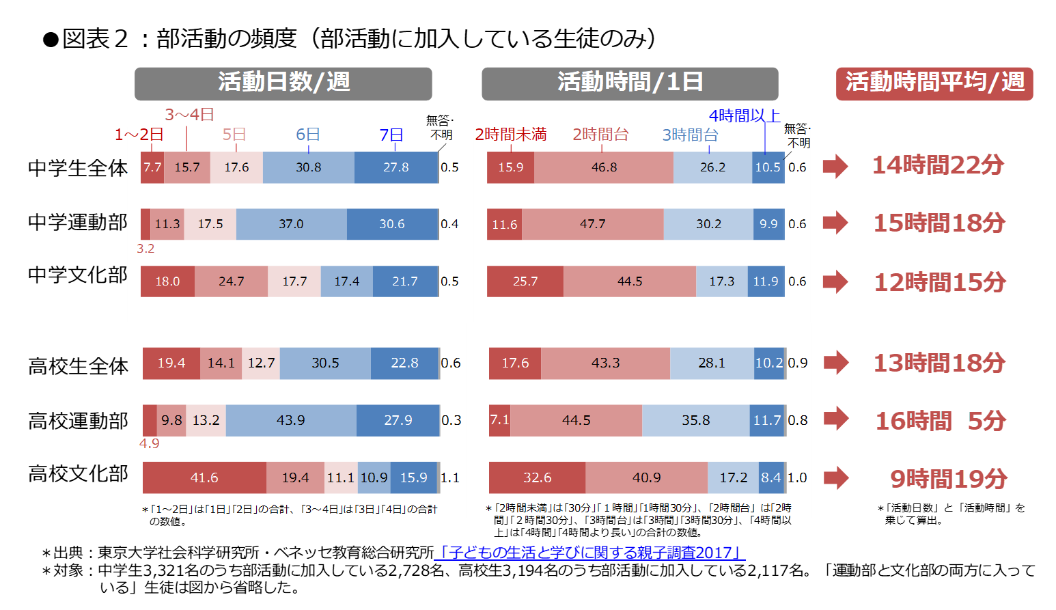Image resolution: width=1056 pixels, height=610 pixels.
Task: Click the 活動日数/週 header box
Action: tap(283, 83)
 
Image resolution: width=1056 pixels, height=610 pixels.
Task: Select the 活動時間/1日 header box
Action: tap(630, 83)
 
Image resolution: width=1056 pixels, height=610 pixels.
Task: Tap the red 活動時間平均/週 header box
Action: tap(934, 83)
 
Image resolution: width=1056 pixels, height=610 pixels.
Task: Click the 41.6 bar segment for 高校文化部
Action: tap(204, 477)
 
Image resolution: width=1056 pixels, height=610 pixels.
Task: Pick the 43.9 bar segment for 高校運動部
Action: tap(291, 420)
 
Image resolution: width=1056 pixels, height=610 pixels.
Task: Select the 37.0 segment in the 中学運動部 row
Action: tap(291, 224)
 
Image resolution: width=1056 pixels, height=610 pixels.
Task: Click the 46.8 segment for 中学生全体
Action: tap(604, 167)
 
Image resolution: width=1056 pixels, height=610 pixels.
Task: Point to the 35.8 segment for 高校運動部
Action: tap(695, 420)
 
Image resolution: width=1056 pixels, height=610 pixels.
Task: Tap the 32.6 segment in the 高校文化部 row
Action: tap(537, 477)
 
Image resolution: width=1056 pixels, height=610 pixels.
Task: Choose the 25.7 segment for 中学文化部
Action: tap(525, 281)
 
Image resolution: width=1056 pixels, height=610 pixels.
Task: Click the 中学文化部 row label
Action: tap(78, 275)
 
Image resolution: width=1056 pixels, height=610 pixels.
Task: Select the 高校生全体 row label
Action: tap(78, 366)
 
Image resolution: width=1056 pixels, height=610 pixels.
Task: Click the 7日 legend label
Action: tap(391, 135)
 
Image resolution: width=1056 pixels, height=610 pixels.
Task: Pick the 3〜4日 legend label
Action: tap(189, 115)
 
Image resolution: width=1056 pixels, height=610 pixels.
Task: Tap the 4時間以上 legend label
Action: tap(745, 116)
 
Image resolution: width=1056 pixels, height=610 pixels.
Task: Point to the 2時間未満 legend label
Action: tap(511, 135)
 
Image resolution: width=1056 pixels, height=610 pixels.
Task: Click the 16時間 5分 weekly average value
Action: tap(940, 421)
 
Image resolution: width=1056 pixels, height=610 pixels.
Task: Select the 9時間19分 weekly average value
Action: tap(948, 479)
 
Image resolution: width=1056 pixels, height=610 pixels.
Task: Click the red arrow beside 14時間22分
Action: tap(835, 166)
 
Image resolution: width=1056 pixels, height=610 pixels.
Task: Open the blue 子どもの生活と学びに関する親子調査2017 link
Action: tap(589, 553)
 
